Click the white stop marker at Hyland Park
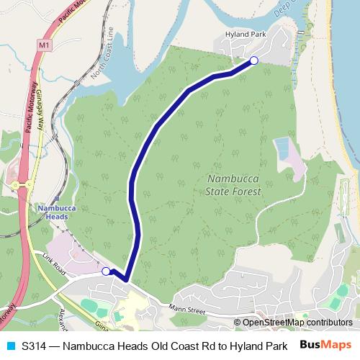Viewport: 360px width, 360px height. coord(253,61)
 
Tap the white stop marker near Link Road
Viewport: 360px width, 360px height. coord(107,271)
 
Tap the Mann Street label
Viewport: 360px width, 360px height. coord(188,311)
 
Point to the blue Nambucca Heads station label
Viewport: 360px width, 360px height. coord(52,212)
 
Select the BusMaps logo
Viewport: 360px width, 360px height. coord(325,345)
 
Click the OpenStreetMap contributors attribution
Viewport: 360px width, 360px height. coord(296,322)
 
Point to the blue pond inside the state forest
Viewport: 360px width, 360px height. coord(283,149)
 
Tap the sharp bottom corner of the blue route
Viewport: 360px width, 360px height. coord(125,279)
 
